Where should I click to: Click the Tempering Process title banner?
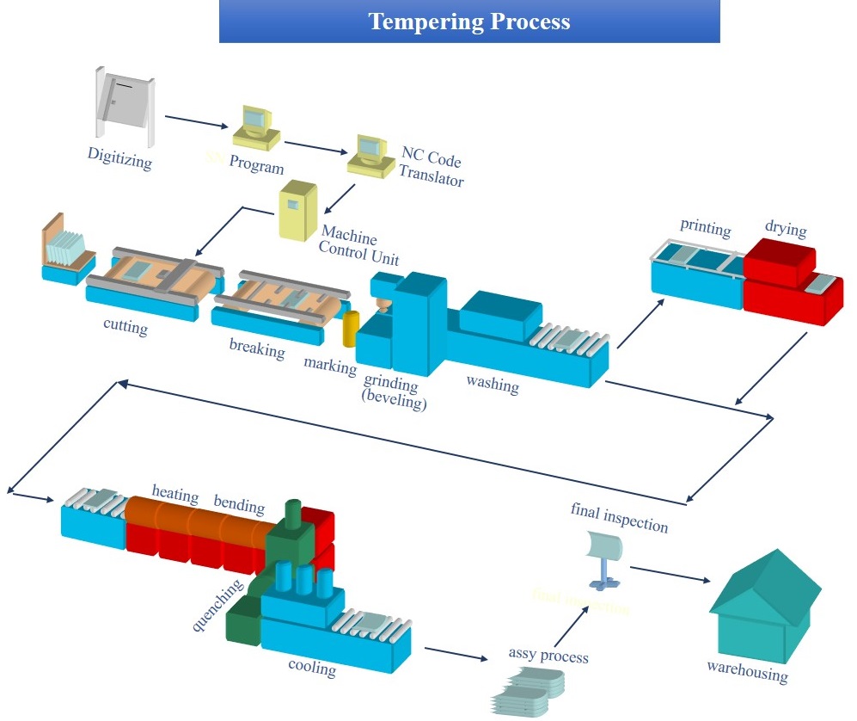469,22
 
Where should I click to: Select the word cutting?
125,327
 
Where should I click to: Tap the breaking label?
256,348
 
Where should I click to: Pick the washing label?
493,384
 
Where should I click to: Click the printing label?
705,228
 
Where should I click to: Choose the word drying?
786,230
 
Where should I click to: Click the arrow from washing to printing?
640,322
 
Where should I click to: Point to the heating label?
175,496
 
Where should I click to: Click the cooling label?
311,667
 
